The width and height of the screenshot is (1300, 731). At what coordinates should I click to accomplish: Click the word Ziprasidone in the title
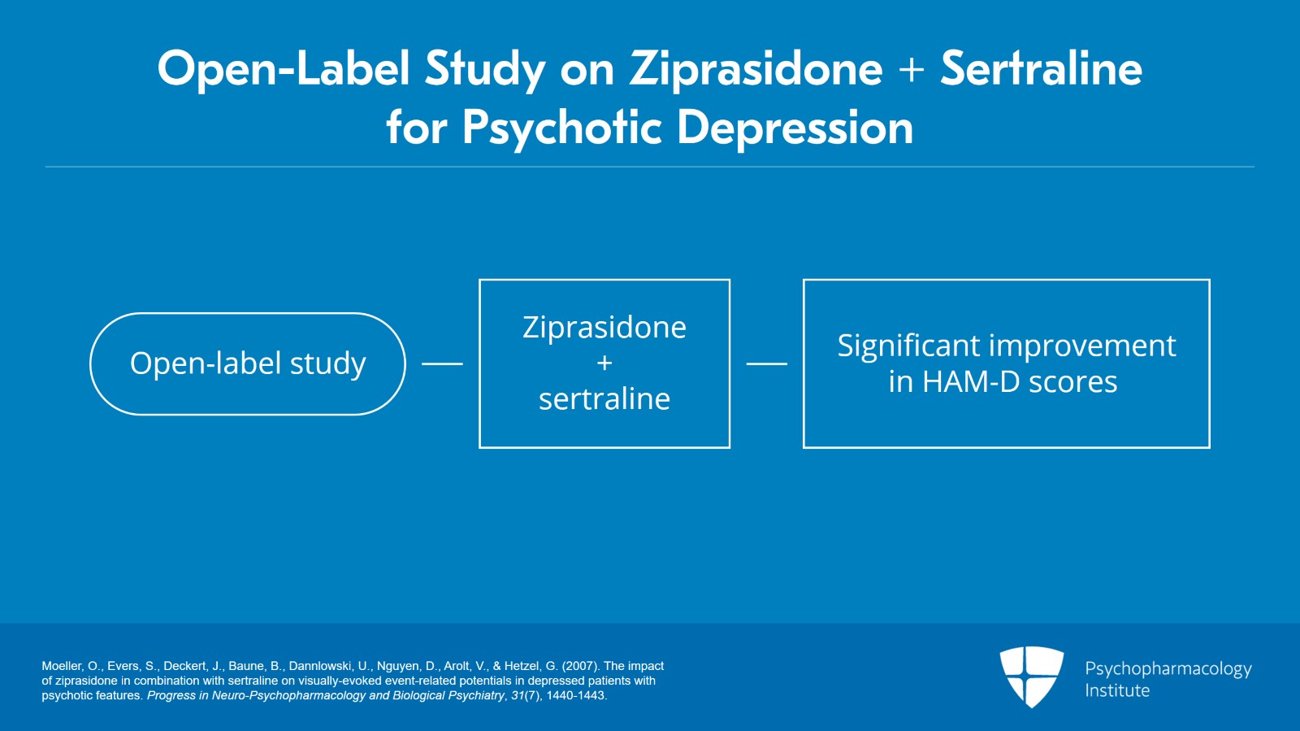point(756,68)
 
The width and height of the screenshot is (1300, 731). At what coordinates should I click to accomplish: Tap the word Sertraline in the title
point(1041,68)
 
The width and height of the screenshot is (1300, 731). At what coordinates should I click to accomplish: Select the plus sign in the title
point(912,70)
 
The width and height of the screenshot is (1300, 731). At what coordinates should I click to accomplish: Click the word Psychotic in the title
point(562,128)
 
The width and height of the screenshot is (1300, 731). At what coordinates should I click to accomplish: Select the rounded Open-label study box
point(248,363)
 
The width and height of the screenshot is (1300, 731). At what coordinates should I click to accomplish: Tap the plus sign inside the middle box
point(604,363)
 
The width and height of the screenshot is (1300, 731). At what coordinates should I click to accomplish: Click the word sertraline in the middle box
point(604,399)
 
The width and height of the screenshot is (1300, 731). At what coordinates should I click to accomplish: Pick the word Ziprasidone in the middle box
point(604,328)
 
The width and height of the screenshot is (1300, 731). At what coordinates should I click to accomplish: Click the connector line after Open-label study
point(442,363)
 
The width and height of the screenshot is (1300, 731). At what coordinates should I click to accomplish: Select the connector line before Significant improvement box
point(766,363)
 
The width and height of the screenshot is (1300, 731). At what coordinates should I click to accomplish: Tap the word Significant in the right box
point(908,346)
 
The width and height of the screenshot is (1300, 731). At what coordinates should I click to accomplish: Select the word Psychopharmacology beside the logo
point(1168,669)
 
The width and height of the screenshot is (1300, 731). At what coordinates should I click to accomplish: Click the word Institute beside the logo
point(1117,691)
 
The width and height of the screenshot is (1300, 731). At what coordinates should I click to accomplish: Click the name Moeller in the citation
point(62,666)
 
